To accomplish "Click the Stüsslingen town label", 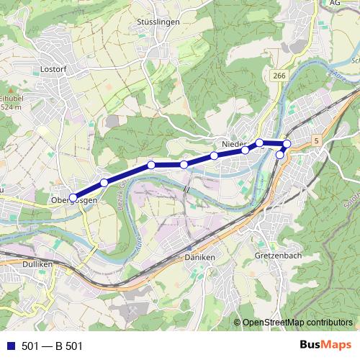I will click(157, 22).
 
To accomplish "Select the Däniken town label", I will click(199, 257).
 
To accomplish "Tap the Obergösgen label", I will click(74, 200).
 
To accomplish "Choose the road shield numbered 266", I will click(280, 75).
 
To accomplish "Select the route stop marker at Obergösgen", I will click(73, 197).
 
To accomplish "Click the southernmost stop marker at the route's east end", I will click(280, 155).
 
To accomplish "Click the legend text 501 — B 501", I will click(53, 346).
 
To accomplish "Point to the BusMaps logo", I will click(325, 345).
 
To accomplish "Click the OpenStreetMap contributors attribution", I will click(297, 323).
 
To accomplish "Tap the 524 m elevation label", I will click(9, 107).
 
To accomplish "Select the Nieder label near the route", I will click(234, 145).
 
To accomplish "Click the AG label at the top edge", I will click(334, 3).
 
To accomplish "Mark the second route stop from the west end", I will click(104, 183).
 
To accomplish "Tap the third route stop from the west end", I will click(151, 166).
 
